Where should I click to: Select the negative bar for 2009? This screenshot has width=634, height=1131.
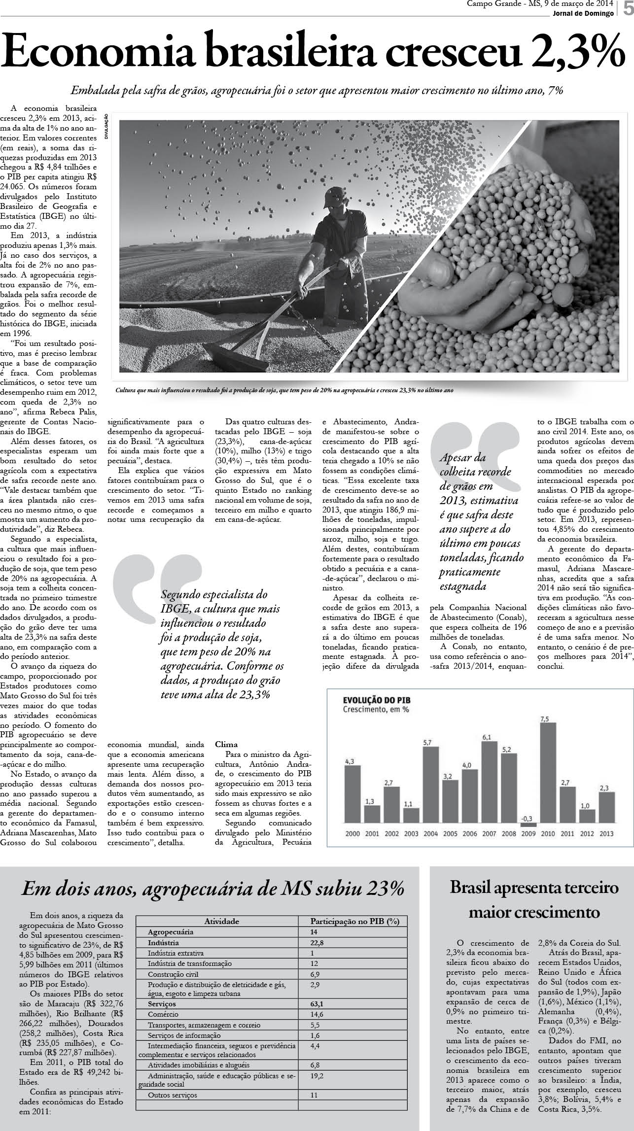pos(528,825)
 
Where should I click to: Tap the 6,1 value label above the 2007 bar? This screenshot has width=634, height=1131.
pos(487,723)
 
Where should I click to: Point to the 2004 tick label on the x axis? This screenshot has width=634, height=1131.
pos(430,833)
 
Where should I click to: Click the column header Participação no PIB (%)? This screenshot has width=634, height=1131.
pos(354,921)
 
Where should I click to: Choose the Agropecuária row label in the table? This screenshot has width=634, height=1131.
pos(171,932)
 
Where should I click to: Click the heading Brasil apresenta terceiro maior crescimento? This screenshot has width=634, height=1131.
pos(533,899)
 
